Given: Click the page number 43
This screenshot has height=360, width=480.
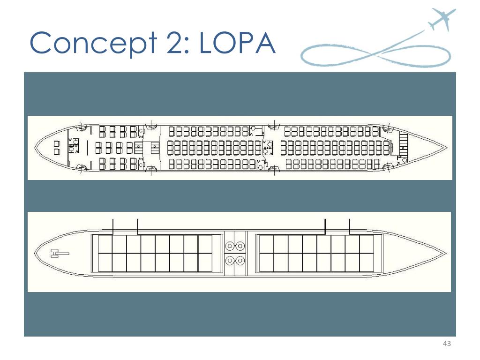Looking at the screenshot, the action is pos(446,345).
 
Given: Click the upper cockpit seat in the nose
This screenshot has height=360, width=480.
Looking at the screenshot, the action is pos(57,143).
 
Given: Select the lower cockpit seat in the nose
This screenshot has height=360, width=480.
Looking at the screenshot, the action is pos(57,151).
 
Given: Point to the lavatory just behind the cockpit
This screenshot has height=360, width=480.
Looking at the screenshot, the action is pos(74,147).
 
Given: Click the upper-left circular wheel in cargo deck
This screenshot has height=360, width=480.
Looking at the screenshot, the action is pos(230,246).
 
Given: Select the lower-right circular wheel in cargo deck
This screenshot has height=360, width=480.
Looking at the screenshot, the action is pos(240,261).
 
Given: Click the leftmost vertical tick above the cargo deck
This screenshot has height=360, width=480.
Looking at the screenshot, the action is pos(113,226).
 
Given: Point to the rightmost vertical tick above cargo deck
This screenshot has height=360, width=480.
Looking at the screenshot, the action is pos(350,226).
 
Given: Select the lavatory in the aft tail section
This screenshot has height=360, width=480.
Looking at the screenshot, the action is pos(401,159).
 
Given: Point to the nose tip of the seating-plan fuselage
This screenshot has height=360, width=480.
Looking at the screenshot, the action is pos(36,147).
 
